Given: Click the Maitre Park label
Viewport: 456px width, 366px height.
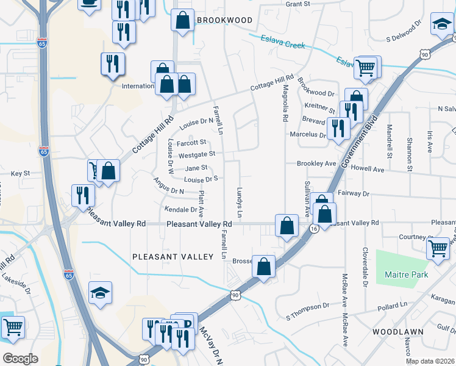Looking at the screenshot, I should [x=407, y=274].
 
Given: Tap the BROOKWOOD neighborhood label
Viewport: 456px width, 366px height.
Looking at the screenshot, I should [x=224, y=20].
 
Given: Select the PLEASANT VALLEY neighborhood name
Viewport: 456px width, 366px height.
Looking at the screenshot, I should [x=173, y=257].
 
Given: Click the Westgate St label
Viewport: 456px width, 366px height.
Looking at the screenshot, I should [x=197, y=154].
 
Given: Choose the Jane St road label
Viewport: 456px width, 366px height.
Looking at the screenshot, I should [x=196, y=168].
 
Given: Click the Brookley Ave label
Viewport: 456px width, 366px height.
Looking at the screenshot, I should [x=316, y=164].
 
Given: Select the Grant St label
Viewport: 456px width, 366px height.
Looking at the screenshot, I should [x=298, y=4].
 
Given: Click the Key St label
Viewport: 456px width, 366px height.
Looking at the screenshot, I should [x=20, y=174].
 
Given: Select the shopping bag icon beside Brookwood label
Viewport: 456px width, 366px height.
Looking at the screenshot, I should [x=182, y=21].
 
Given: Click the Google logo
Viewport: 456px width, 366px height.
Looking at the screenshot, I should [x=20, y=359].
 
